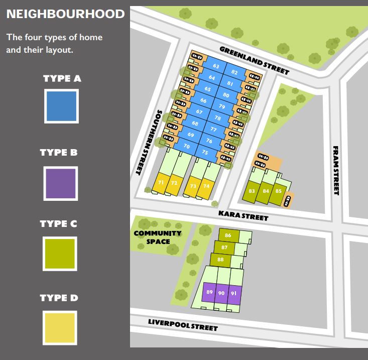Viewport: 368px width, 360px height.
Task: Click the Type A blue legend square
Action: (x=61, y=106)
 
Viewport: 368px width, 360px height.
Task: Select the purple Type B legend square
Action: (x=61, y=184)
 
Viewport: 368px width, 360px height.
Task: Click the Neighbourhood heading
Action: (x=65, y=14)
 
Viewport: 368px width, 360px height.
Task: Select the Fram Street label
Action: (x=336, y=171)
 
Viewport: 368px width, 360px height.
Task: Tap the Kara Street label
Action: (x=243, y=216)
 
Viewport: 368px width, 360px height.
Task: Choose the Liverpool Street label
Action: (x=183, y=324)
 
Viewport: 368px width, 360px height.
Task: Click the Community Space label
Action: (x=157, y=237)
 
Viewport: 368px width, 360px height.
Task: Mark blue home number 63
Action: (x=216, y=66)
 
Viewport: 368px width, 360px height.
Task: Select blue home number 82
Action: (x=234, y=73)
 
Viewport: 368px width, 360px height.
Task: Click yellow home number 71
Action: (x=161, y=183)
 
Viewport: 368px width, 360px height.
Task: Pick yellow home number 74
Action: (x=206, y=186)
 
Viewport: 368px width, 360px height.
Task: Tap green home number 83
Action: (x=252, y=191)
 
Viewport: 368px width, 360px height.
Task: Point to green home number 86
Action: (x=228, y=235)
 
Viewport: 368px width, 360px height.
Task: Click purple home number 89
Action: (x=209, y=293)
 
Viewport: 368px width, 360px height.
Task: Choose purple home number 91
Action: (x=233, y=294)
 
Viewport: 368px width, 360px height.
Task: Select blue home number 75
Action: (x=205, y=152)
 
